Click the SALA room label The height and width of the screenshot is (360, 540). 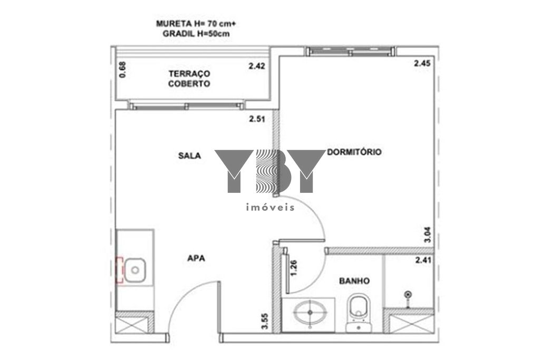click(x=189, y=155)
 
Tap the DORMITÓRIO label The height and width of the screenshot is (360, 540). click(x=354, y=152)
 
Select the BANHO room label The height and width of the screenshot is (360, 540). click(x=354, y=281)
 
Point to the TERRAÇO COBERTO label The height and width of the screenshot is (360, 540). click(x=189, y=79)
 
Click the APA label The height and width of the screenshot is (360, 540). click(x=196, y=258)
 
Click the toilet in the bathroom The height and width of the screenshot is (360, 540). click(x=359, y=313)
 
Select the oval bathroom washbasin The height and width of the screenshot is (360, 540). click(x=310, y=313)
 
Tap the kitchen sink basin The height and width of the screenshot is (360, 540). click(x=135, y=270)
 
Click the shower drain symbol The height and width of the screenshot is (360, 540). click(x=408, y=295)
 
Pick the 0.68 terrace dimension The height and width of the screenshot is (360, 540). click(x=122, y=70)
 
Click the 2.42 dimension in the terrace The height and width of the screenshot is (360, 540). click(x=257, y=65)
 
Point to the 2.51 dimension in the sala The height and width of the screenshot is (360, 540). click(x=257, y=119)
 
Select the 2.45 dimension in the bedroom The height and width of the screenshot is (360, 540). click(x=422, y=63)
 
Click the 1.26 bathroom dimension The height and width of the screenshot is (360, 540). click(x=293, y=268)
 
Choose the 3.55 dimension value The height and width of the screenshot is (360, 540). click(x=265, y=321)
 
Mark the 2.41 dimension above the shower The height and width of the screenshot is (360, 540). click(x=423, y=260)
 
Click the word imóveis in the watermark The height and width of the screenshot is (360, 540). click(x=271, y=207)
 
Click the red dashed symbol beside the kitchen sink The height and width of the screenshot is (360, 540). click(x=119, y=270)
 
